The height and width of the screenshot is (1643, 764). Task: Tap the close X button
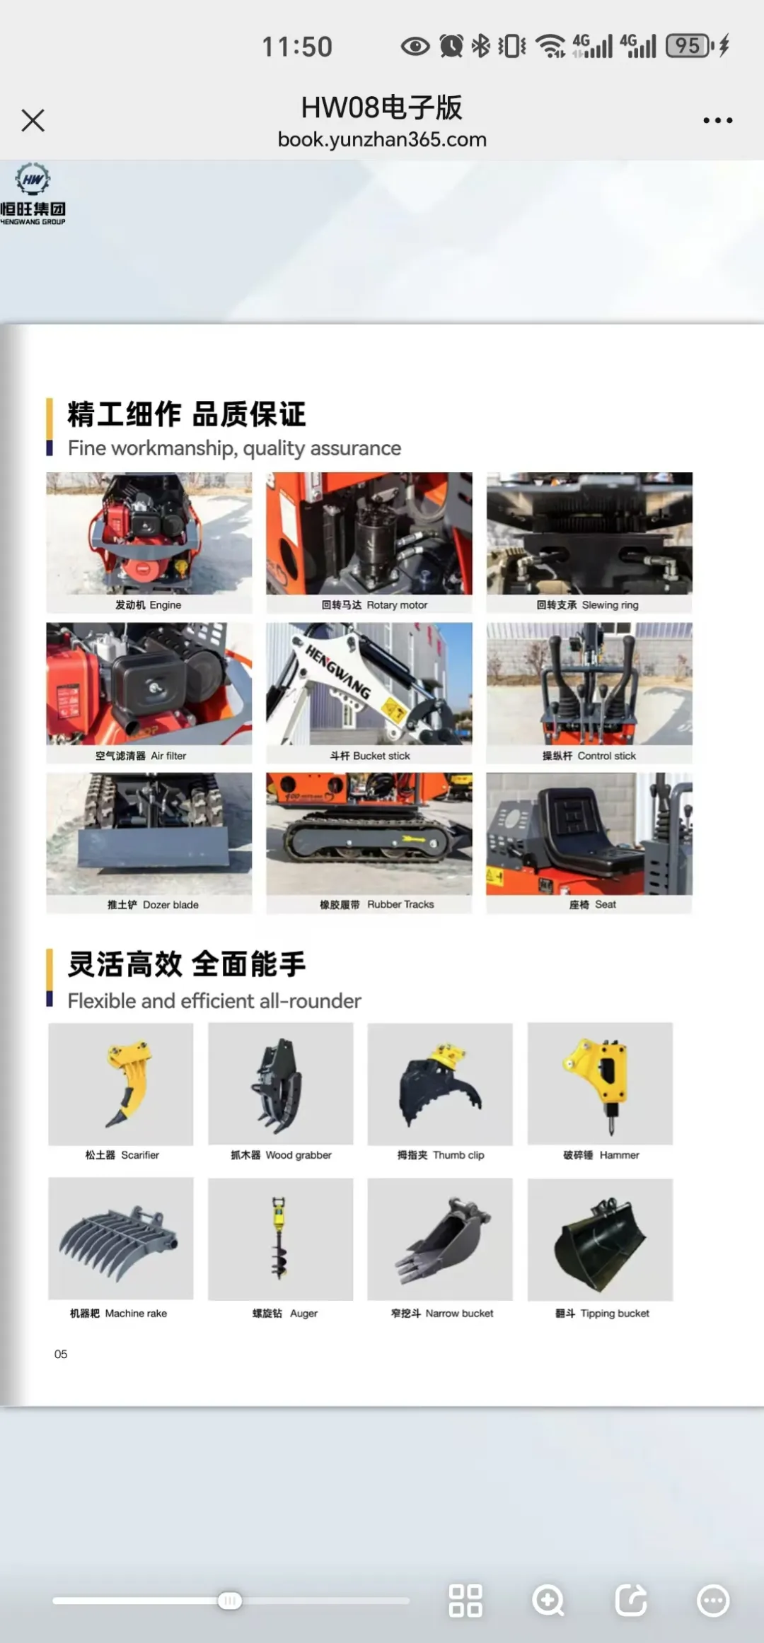(x=33, y=120)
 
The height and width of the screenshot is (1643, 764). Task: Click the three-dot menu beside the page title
(x=717, y=120)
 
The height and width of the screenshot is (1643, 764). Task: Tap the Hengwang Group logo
(x=33, y=194)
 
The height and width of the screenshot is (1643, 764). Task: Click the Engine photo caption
(x=149, y=605)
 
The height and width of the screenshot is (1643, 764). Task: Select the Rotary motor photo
(x=369, y=533)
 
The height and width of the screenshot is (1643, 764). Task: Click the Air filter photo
(x=149, y=684)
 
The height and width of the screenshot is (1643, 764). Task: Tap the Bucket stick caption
(x=370, y=756)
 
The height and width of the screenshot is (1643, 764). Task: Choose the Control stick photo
(x=589, y=684)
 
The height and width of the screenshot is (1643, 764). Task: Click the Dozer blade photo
(x=149, y=834)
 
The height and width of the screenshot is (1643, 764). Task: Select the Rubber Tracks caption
(x=377, y=904)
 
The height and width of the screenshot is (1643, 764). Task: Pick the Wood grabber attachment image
(x=281, y=1084)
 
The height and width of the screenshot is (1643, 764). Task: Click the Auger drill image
(x=281, y=1239)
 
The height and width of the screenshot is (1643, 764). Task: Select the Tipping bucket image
(x=601, y=1239)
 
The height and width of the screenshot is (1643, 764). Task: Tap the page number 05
(x=61, y=1354)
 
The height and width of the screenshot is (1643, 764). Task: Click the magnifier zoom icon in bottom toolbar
(x=549, y=1601)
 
